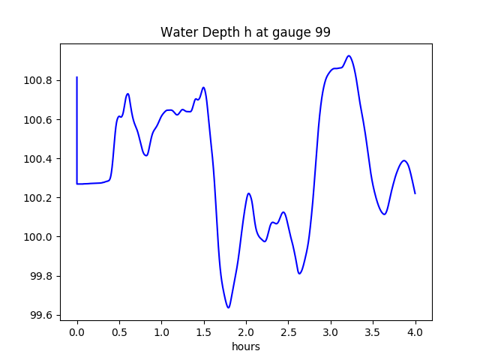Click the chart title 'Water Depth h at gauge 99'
245,32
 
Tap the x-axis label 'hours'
245,346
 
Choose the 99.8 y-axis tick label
41,276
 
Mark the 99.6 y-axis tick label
41,315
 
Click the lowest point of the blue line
228,307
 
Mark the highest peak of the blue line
349,55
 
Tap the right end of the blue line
415,193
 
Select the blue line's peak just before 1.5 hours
203,87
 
